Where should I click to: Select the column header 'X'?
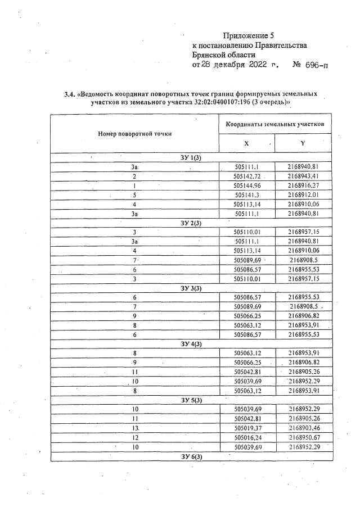[x=246, y=143]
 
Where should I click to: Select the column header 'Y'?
[x=303, y=143]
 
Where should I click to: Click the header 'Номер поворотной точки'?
[x=134, y=134]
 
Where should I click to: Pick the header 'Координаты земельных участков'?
[x=274, y=124]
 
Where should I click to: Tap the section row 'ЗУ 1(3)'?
[x=191, y=158]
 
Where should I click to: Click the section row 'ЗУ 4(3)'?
[x=191, y=343]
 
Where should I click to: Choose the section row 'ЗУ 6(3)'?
[x=191, y=456]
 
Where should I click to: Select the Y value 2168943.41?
[x=303, y=176]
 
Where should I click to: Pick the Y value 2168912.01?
[x=303, y=195]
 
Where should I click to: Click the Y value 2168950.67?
[x=303, y=437]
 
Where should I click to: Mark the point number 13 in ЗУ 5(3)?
[x=135, y=428]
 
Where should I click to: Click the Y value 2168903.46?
[x=303, y=428]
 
